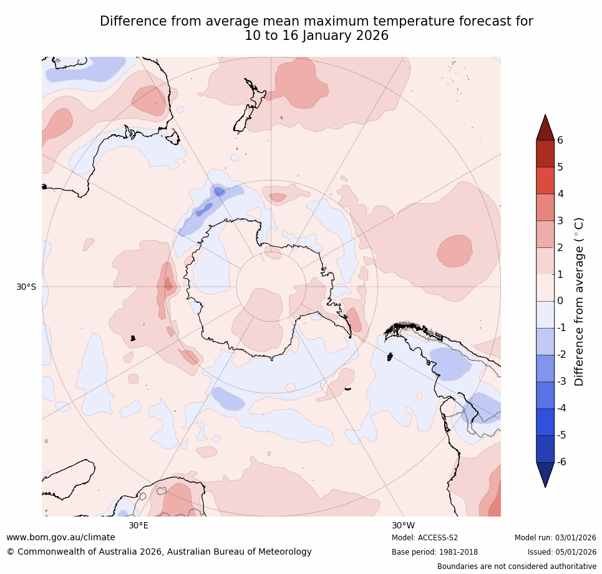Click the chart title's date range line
pos(316,36)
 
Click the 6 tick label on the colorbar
pos(560,140)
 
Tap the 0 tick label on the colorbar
pos(560,301)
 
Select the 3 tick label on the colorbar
pos(560,220)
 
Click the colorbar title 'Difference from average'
pos(579,302)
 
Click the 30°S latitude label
pos(26,287)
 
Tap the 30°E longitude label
pos(138,525)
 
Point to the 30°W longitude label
pos(403,525)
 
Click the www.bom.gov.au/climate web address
pos(61,537)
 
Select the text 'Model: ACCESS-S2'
pos(425,538)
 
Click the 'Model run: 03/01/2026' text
pos(555,538)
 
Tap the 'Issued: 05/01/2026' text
pos(561,552)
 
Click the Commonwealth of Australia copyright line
pos(159,552)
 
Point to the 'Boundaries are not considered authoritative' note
pos(517,567)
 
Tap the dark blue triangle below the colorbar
pos(545,473)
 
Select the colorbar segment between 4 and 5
pos(545,181)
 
